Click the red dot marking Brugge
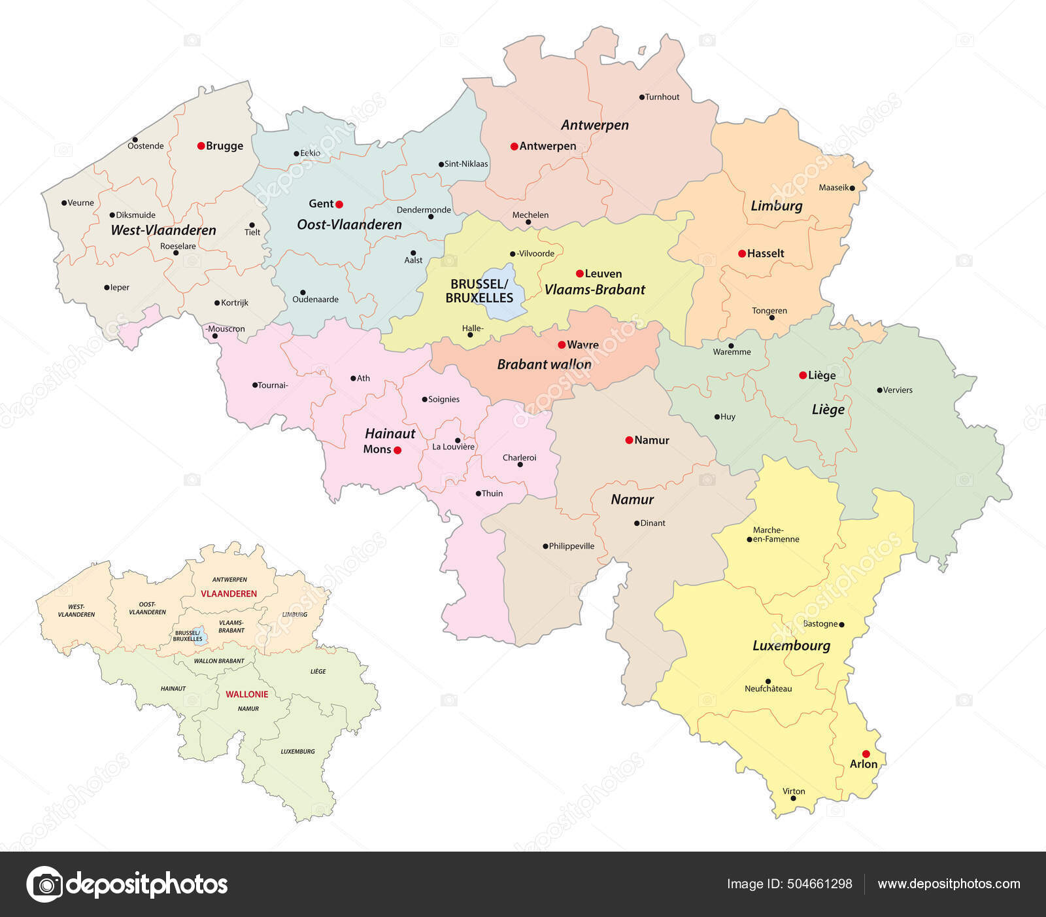point(201,146)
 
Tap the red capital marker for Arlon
point(866,753)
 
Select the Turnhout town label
point(662,97)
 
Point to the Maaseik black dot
point(852,188)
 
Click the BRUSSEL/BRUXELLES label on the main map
point(479,291)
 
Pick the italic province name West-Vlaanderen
point(163,230)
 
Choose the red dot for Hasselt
point(741,253)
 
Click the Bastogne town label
point(820,624)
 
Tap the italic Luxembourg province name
point(791,646)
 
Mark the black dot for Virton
point(794,799)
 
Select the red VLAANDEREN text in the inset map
point(229,594)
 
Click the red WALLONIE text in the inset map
point(247,694)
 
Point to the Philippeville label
point(571,546)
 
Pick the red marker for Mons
point(397,450)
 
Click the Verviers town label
point(898,390)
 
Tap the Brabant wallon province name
point(544,364)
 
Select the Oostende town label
point(146,146)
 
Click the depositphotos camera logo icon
point(45,884)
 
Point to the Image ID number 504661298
point(820,884)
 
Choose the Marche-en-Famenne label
point(775,534)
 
